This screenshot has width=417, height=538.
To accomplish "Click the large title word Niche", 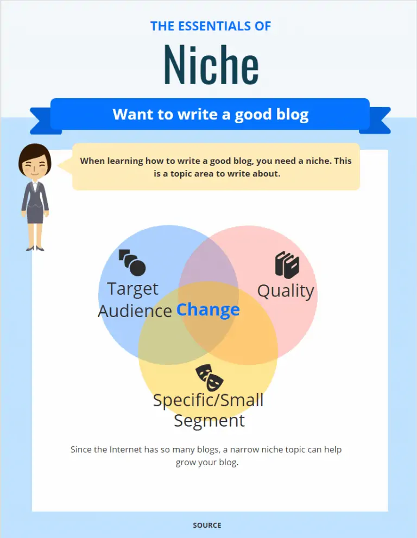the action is point(211,65).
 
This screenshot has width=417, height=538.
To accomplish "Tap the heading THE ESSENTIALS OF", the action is point(211,26).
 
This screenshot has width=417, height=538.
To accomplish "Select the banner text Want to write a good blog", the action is point(211,115).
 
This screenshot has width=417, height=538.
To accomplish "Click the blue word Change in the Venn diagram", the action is point(208,310).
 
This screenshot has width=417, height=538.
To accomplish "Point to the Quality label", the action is point(286,292).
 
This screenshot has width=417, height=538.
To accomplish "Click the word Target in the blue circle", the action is point(133,289).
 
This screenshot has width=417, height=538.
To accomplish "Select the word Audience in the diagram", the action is point(135,311).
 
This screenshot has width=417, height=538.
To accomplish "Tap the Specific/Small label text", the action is point(208,401).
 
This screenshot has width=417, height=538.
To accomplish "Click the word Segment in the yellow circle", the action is point(210,421).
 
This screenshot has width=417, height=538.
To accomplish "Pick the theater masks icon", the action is point(210,378).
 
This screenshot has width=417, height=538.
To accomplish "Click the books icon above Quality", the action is point(287,264).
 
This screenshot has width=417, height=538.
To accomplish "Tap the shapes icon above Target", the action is point(132,263).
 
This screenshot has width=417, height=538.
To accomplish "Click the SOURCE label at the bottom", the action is point(207,526).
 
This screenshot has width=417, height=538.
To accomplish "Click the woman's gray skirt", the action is point(35,215).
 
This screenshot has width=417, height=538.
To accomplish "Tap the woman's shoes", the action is point(35,248).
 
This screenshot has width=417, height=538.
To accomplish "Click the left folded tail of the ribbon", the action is point(43,121).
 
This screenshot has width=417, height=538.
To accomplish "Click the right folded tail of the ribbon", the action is point(376,120).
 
